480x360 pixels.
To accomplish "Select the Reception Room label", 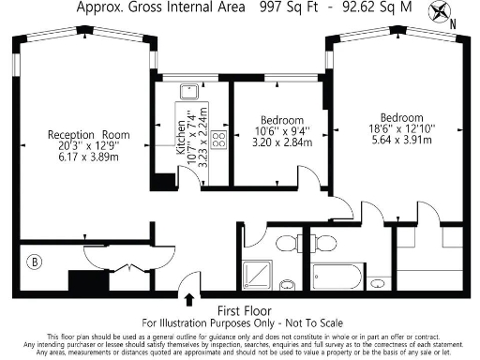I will (x=89, y=135).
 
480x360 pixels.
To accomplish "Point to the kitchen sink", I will (x=187, y=93).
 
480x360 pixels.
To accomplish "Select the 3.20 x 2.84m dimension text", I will (x=281, y=145).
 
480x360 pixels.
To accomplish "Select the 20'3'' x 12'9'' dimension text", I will (x=89, y=146).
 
